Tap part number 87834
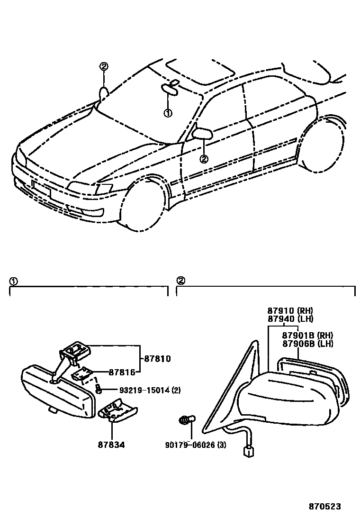pos(112,446)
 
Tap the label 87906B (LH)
pos(307,344)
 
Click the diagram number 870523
pos(324,506)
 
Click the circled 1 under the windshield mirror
pos(167,113)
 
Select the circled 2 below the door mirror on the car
pos(204,159)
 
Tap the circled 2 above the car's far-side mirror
pos(104,66)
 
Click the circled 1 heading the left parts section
pos(13,281)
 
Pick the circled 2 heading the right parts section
pos(180,281)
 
